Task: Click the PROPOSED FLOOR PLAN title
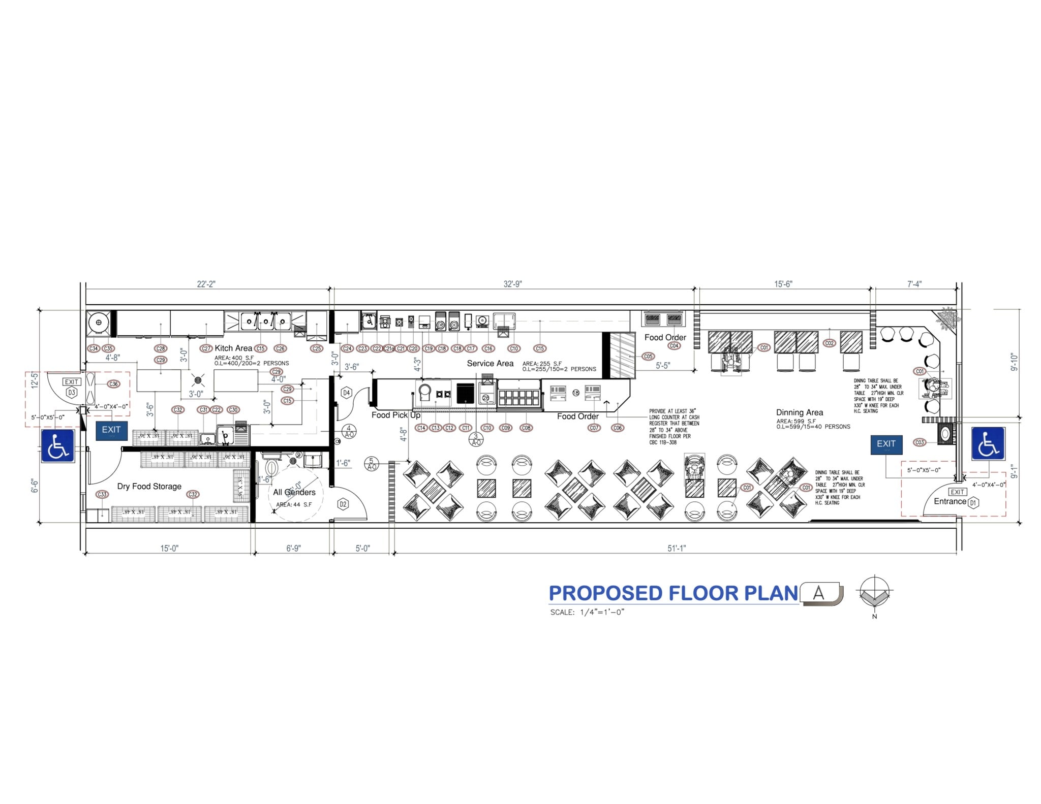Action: (673, 593)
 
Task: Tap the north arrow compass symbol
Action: (874, 593)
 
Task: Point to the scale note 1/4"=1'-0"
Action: (587, 612)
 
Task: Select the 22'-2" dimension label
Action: (206, 284)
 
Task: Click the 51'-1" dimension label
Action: (676, 548)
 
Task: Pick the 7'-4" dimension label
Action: (914, 284)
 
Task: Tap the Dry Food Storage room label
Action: (149, 486)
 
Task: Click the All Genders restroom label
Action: (294, 492)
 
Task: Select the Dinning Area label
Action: (799, 412)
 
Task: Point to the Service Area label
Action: (490, 363)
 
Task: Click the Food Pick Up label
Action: (395, 415)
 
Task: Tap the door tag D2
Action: (343, 504)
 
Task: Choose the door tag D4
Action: (346, 393)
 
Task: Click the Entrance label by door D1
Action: (950, 501)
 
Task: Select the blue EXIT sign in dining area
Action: (886, 444)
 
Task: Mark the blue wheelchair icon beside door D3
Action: (57, 446)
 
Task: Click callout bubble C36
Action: (113, 384)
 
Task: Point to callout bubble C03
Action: (919, 442)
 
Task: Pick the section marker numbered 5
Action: (372, 464)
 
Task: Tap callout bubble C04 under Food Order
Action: (673, 346)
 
